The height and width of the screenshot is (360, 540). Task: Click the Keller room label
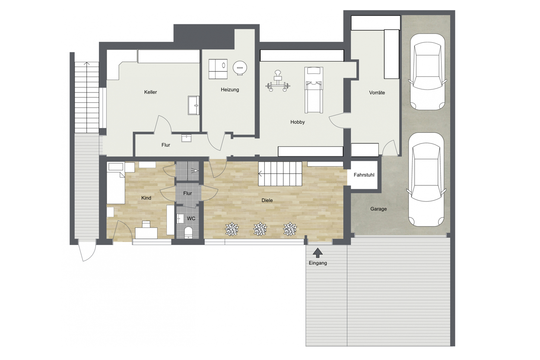(150, 92)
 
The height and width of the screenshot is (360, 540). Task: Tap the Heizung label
(230, 90)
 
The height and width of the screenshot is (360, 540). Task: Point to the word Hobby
(298, 122)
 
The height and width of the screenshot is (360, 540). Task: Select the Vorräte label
(377, 92)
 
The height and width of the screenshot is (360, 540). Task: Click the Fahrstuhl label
(364, 175)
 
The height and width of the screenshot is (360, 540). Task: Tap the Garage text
(378, 209)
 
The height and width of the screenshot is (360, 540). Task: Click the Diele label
(267, 200)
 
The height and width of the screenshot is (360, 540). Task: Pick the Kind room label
(146, 198)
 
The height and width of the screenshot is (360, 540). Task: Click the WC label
(191, 218)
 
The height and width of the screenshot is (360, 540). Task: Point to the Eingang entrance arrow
(318, 253)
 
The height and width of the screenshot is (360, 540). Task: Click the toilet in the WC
(188, 233)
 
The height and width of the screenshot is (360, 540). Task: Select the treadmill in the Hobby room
(314, 90)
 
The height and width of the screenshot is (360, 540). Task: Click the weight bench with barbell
(278, 81)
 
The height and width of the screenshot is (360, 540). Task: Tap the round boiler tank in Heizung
(240, 68)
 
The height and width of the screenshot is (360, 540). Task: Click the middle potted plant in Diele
(260, 229)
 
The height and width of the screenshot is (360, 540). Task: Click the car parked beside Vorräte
(427, 72)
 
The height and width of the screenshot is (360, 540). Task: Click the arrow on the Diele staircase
(260, 173)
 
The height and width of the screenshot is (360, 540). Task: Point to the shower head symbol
(195, 171)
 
